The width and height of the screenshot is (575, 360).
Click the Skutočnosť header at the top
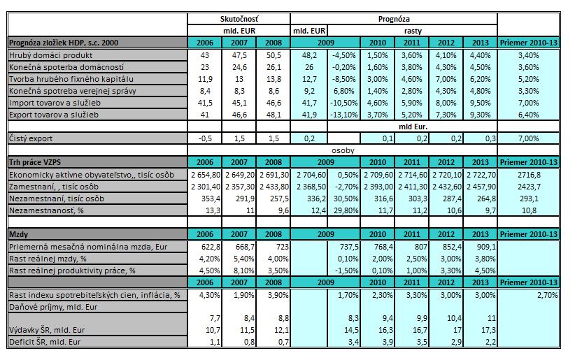[x=239, y=19]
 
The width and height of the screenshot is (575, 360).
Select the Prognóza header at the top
[x=394, y=19]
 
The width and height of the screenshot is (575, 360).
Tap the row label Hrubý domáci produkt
[x=50, y=55]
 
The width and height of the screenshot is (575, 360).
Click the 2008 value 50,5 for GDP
[x=274, y=55]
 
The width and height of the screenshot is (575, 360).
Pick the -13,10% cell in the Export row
[x=344, y=115]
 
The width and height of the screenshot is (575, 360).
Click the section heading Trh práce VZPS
[x=35, y=162]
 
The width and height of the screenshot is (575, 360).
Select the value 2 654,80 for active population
[x=206, y=175]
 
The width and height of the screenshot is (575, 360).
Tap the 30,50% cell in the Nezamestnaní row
[x=346, y=199]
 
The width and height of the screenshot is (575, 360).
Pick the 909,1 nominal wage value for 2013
[x=486, y=247]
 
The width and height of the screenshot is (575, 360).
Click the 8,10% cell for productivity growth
[x=243, y=271]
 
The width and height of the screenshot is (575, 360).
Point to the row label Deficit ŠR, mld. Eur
[x=45, y=342]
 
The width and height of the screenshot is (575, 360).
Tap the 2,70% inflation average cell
[x=547, y=295]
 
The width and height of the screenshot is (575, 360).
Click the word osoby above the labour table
[x=343, y=150]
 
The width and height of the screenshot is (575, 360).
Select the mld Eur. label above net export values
[x=413, y=127]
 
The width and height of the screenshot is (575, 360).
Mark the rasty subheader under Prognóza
[x=413, y=31]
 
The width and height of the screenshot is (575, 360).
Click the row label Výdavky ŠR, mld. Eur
[x=47, y=330]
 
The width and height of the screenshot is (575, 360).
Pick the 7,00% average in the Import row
[x=528, y=103]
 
